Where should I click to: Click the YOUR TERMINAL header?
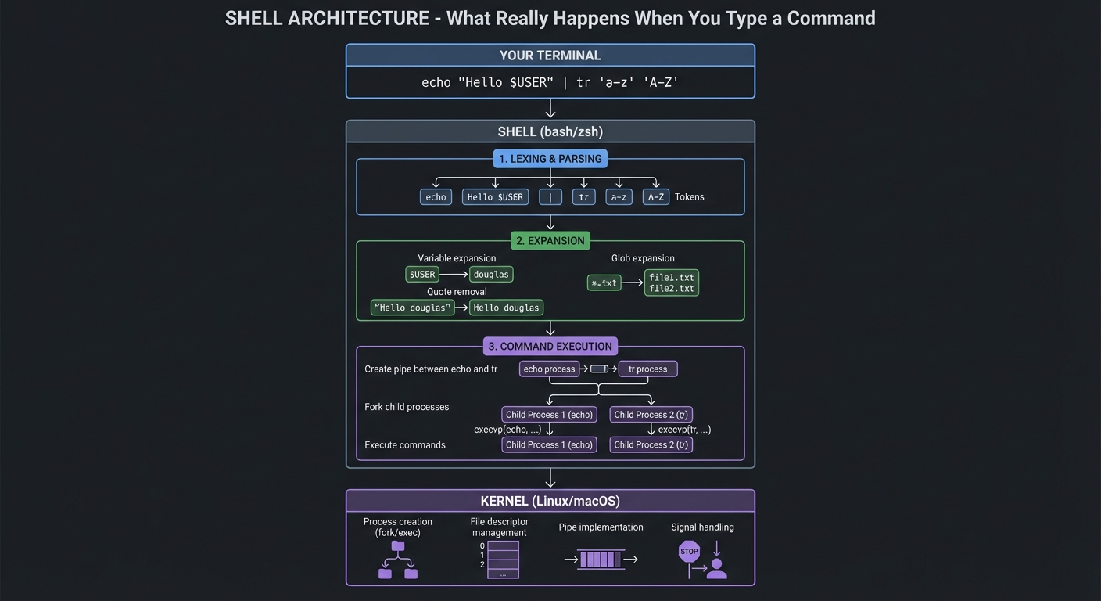pyautogui.click(x=550, y=56)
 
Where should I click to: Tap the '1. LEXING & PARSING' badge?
pyautogui.click(x=550, y=159)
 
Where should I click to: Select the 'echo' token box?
pyautogui.click(x=436, y=197)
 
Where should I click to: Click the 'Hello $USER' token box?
pyautogui.click(x=495, y=197)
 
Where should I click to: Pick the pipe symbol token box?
pyautogui.click(x=550, y=197)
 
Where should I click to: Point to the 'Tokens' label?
pyautogui.click(x=689, y=197)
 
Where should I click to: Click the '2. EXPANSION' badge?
pyautogui.click(x=550, y=241)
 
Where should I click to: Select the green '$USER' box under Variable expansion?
pyautogui.click(x=422, y=275)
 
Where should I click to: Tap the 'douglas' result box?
pyautogui.click(x=491, y=275)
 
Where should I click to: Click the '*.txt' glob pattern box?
pyautogui.click(x=604, y=283)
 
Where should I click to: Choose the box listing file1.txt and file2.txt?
pyautogui.click(x=671, y=283)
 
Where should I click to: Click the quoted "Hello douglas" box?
pyautogui.click(x=412, y=308)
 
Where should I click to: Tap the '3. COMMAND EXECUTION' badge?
pyautogui.click(x=550, y=346)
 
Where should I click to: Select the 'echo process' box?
pyautogui.click(x=549, y=369)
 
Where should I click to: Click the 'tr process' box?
pyautogui.click(x=647, y=369)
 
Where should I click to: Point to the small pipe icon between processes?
pyautogui.click(x=599, y=369)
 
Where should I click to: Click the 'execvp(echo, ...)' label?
pyautogui.click(x=507, y=430)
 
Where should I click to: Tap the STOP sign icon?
pyautogui.click(x=689, y=552)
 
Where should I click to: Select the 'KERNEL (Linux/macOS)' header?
pyautogui.click(x=550, y=501)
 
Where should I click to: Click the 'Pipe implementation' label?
pyautogui.click(x=601, y=527)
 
